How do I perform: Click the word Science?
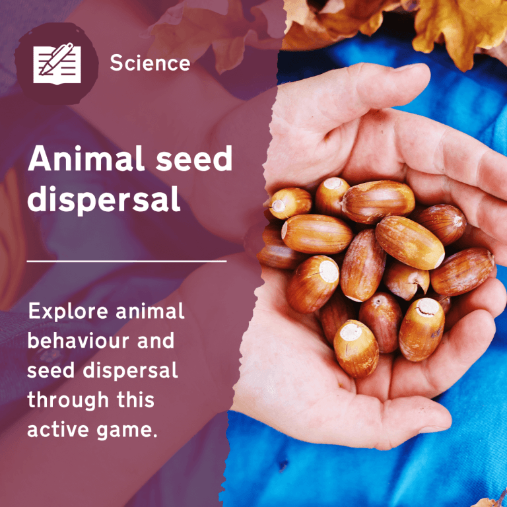tap(150, 63)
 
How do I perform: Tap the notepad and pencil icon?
tap(57, 63)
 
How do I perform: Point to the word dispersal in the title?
tap(104, 200)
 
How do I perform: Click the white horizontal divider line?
tap(127, 261)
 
